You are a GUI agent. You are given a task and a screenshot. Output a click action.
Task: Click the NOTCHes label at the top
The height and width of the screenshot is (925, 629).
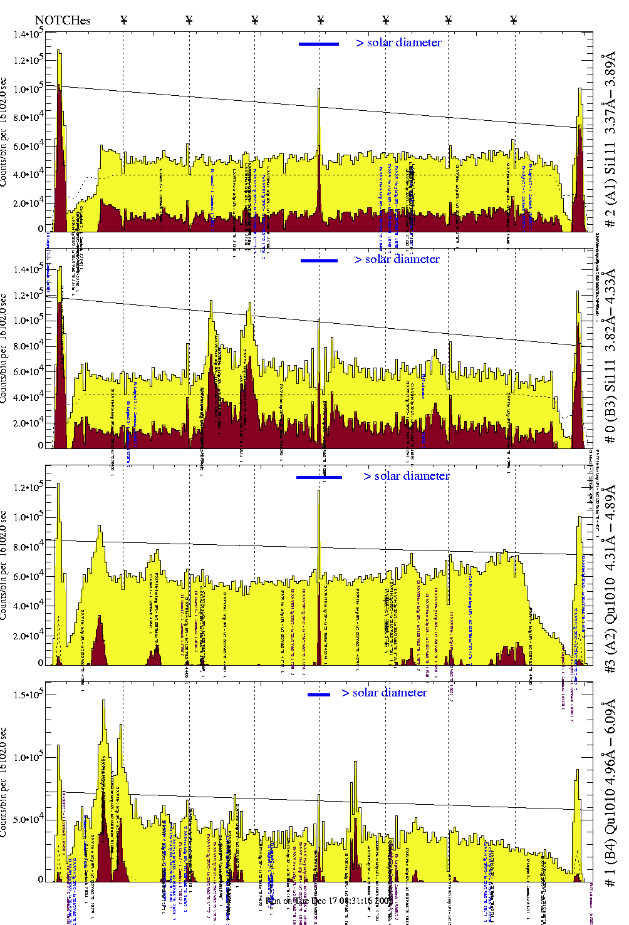(x=63, y=20)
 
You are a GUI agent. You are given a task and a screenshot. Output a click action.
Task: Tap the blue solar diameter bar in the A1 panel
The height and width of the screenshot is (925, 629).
(x=319, y=44)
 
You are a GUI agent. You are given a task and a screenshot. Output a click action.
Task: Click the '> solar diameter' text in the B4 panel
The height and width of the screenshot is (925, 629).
(x=384, y=693)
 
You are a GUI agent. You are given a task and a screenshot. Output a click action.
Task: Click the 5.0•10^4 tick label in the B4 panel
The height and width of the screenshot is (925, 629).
(x=27, y=819)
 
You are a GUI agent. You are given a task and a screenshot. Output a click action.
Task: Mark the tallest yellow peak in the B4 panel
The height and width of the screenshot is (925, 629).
(x=103, y=701)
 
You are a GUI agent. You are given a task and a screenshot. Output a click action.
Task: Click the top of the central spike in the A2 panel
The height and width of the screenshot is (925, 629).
(x=319, y=491)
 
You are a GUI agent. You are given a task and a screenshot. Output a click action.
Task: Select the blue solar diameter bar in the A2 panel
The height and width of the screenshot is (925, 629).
(x=319, y=477)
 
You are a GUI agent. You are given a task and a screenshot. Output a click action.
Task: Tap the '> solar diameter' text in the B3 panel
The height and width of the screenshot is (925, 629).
(x=397, y=259)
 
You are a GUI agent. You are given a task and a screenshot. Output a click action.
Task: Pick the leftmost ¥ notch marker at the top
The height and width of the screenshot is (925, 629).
(x=123, y=20)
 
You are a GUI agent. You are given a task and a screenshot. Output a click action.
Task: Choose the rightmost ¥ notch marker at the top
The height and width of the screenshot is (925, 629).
(x=514, y=20)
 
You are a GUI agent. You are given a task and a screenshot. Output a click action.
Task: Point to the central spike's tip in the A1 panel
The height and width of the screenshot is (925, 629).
(x=319, y=90)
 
